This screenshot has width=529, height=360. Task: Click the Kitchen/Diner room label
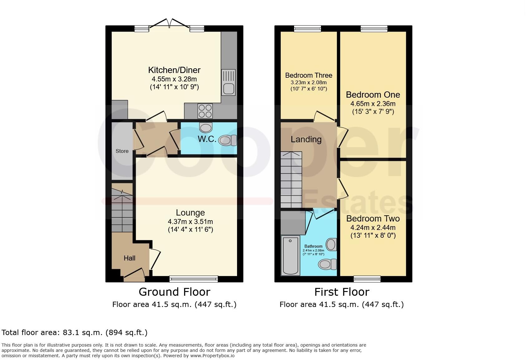(x=174, y=70)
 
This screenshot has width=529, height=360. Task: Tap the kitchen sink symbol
(x=228, y=82)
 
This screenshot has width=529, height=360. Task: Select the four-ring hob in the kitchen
(x=205, y=111)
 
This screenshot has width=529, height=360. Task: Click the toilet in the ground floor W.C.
(x=228, y=140)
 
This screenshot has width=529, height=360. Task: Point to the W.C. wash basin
(x=206, y=128)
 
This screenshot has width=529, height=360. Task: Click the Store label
(x=122, y=151)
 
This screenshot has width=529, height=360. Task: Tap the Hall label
(x=129, y=258)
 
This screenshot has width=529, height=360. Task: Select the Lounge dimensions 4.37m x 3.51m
(x=190, y=222)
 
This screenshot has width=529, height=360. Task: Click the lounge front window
(x=194, y=279)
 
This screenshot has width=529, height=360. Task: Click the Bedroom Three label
(x=308, y=75)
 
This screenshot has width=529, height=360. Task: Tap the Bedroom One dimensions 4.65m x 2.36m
(x=373, y=104)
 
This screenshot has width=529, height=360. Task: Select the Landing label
(x=306, y=139)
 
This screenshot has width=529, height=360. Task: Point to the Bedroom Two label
(x=373, y=218)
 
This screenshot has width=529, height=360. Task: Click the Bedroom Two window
(x=367, y=279)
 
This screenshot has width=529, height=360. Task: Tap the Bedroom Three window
(x=307, y=29)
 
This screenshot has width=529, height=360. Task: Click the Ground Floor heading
(x=174, y=292)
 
